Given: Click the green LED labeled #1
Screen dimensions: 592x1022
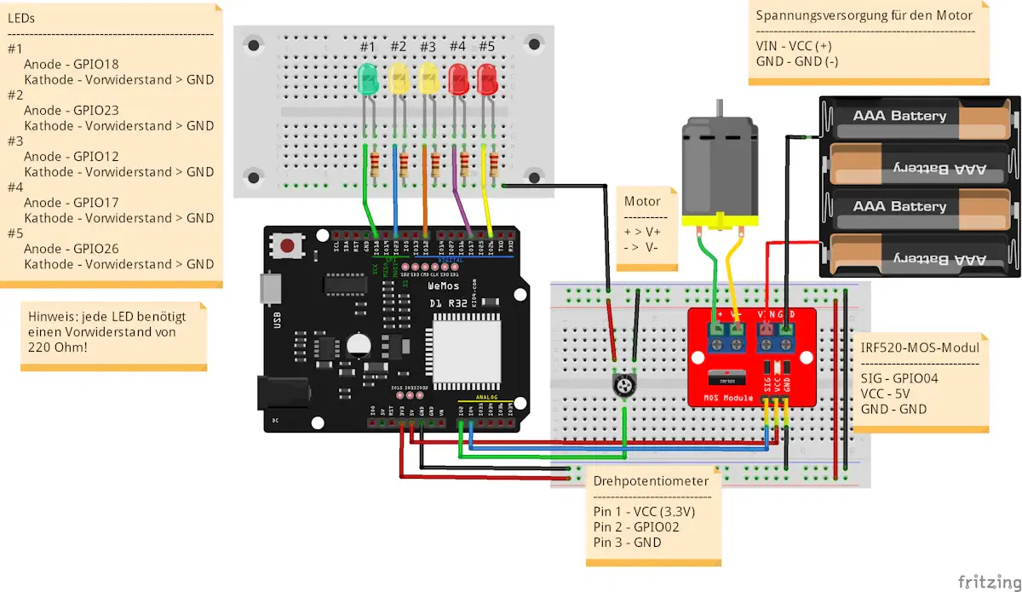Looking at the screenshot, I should click(x=368, y=79).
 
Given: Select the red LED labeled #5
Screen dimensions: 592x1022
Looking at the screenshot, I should click(x=488, y=79).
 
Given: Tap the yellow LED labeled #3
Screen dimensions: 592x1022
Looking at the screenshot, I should click(x=428, y=79).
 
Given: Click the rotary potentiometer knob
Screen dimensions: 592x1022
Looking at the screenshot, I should click(x=626, y=387).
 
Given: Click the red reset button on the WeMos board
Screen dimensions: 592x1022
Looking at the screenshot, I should click(x=288, y=246).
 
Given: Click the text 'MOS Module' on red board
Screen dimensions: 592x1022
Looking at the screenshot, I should click(x=728, y=398).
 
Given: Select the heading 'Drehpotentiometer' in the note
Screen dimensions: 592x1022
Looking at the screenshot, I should click(x=651, y=481).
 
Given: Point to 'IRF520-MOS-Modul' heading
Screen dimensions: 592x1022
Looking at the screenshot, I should click(x=921, y=348).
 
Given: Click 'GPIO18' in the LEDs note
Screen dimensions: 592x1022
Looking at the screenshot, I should click(x=95, y=64).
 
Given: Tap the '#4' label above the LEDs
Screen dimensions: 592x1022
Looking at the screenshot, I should click(x=457, y=46).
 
